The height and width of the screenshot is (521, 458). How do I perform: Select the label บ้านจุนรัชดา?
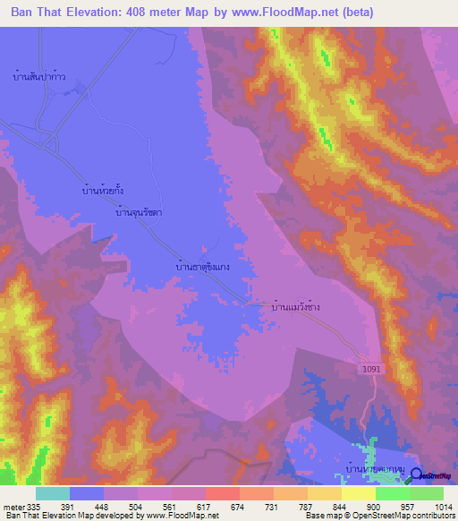coord(144,214)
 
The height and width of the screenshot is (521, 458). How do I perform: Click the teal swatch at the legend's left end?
coord(53,493)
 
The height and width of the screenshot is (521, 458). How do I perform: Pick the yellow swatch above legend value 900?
coord(358,493)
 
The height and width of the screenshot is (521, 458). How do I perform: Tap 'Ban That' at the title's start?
coord(38,13)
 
